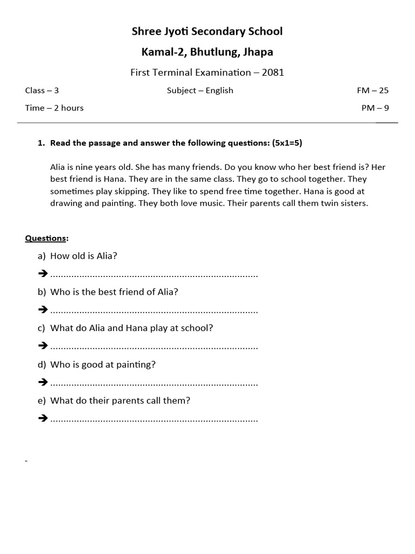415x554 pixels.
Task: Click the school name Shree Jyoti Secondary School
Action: pos(207,31)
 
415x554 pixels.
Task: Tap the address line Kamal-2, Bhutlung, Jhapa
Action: pos(207,52)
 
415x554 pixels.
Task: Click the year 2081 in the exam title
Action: pos(273,72)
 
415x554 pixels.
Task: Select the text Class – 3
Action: pos(42,90)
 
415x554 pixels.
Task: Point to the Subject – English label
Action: pos(200,90)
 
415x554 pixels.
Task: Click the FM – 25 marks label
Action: pos(372,90)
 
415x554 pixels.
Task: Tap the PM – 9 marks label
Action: pos(375,108)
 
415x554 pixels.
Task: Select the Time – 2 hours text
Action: pos(54,108)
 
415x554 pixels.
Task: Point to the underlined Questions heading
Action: pos(46,238)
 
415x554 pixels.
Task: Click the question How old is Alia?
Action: pos(83,256)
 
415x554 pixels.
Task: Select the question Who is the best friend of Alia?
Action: pos(114,292)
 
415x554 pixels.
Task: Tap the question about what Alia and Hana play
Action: pos(131,328)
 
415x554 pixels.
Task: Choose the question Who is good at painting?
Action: pos(103,365)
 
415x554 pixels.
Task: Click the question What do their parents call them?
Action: pos(120,401)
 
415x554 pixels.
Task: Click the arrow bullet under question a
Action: pos(43,274)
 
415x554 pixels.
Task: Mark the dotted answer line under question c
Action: pos(154,346)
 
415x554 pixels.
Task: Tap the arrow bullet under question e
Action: pos(43,418)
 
